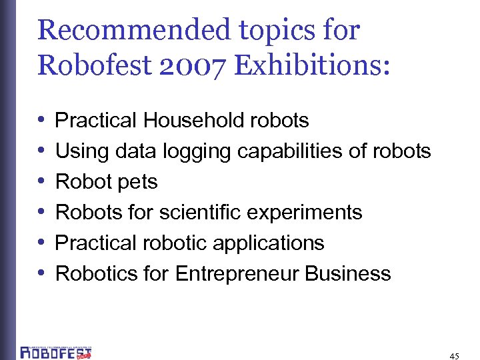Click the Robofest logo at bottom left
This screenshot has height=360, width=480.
pyautogui.click(x=56, y=351)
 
